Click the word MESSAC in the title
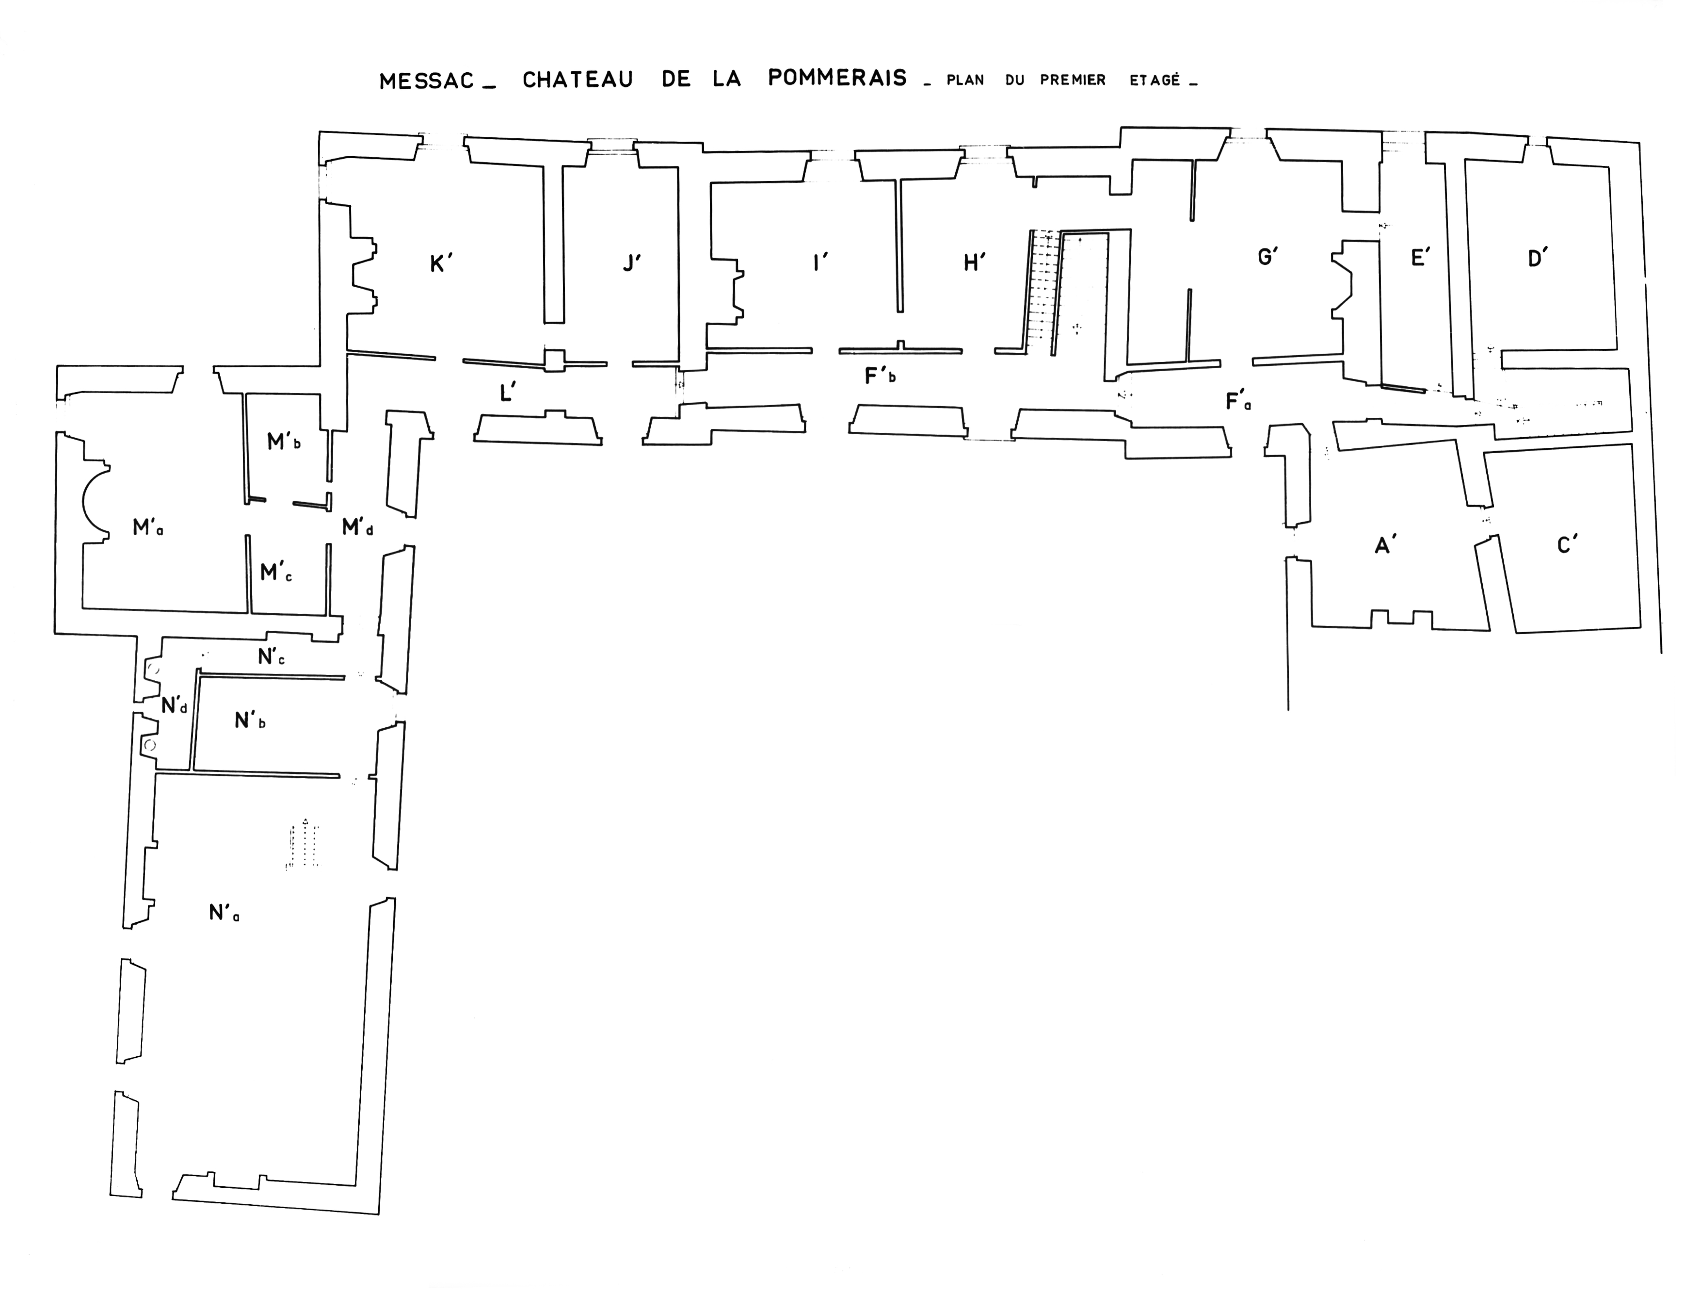coord(426,81)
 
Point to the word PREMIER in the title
coord(1073,80)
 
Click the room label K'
coord(441,263)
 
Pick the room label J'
coord(632,263)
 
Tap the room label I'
coord(820,263)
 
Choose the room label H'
coord(975,263)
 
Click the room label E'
coord(1420,258)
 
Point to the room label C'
coord(1567,545)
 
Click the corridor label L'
coord(507,393)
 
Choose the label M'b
coord(283,442)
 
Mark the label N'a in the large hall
coord(224,913)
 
